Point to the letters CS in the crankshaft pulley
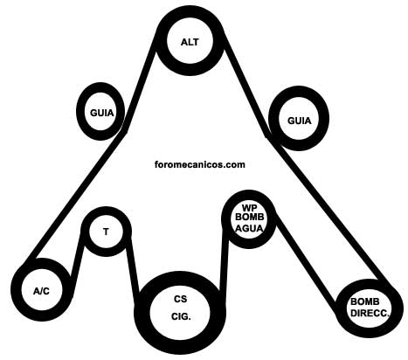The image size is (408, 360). [x=181, y=299]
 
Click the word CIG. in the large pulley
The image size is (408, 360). [x=181, y=316]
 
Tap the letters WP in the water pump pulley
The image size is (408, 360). [x=249, y=208]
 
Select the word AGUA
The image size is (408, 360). [x=249, y=228]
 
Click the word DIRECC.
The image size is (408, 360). [x=370, y=313]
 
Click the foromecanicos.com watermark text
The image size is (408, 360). [x=200, y=164]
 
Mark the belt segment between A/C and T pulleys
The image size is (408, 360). [x=76, y=262]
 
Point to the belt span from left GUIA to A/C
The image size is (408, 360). [x=75, y=196]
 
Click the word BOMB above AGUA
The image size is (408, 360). [x=249, y=218]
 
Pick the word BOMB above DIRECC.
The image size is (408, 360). [x=365, y=301]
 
